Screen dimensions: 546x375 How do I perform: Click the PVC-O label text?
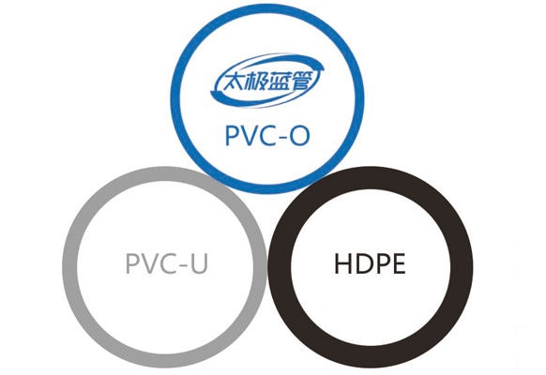[267, 135]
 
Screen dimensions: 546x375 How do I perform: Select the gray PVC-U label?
[167, 263]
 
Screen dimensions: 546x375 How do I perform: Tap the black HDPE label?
[370, 263]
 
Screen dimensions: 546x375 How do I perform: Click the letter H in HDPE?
[342, 263]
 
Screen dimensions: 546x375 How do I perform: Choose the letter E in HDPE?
[399, 263]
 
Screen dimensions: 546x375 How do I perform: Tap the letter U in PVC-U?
[200, 263]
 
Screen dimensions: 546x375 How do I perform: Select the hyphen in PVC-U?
[184, 264]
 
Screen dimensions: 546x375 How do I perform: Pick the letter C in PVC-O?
[268, 136]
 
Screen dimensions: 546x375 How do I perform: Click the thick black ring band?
[280, 266]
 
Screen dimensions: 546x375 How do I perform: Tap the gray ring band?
[69, 266]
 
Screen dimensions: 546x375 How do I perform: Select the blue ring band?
[175, 98]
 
